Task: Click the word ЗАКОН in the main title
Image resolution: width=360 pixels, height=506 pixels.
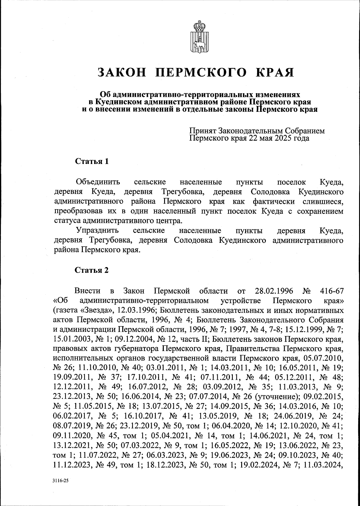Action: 122,72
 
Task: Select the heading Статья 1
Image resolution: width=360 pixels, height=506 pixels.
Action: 91,161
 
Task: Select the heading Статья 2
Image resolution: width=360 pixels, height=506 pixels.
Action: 91,270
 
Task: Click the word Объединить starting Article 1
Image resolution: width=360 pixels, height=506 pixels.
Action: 98,182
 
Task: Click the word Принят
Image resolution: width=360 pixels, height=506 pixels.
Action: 203,131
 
